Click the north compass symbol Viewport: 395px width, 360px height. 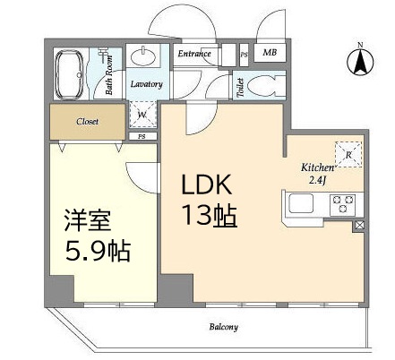360,61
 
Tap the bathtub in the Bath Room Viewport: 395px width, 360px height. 69,74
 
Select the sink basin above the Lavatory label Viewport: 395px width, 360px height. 143,56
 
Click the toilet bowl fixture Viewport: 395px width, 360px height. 263,86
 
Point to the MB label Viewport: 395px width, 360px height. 270,53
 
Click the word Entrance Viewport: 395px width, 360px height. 194,54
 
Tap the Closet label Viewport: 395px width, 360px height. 87,122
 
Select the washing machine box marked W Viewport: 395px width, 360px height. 142,115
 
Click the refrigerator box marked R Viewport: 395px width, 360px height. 348,154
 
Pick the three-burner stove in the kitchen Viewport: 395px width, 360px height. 342,204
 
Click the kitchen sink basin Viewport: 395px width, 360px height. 301,203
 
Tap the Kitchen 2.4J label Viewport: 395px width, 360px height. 317,174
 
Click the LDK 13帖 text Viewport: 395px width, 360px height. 210,200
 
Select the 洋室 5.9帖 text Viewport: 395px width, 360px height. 98,236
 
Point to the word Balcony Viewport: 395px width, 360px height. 224,327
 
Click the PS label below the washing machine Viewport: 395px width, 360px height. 142,137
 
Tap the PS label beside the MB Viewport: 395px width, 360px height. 245,55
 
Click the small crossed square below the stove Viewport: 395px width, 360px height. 359,226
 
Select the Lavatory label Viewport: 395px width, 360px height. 146,84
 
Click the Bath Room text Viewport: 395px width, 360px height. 109,74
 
